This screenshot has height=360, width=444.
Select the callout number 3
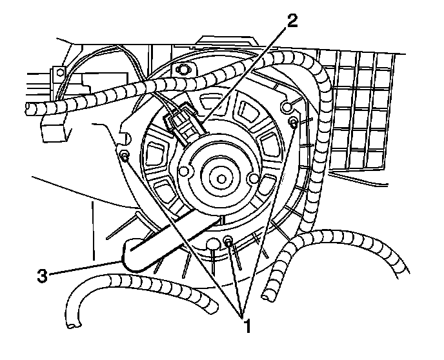click(x=41, y=275)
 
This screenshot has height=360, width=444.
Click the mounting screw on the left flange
click(x=125, y=155)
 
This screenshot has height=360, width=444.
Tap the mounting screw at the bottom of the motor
click(x=228, y=241)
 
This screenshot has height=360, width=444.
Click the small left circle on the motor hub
click(x=185, y=171)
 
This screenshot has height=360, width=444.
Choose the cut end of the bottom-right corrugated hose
click(x=267, y=295)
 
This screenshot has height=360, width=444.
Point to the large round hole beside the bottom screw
click(x=213, y=243)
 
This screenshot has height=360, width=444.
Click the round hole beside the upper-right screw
click(x=287, y=105)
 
